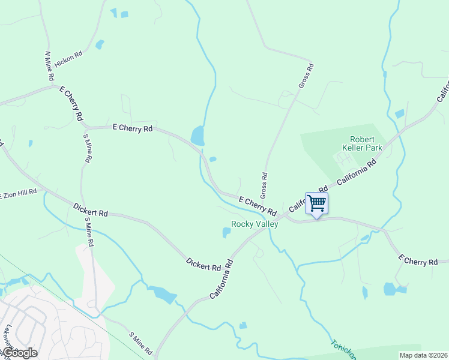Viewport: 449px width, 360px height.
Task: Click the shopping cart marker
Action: [x=316, y=203]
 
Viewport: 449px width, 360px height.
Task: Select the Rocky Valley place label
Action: [x=255, y=224]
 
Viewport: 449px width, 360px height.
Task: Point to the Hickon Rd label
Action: [x=68, y=59]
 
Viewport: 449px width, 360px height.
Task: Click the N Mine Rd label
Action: [x=49, y=66]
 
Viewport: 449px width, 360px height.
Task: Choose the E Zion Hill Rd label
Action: [x=19, y=194]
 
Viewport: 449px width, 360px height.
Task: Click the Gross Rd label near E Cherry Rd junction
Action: [x=263, y=185]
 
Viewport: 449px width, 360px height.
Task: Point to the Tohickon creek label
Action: [x=343, y=350]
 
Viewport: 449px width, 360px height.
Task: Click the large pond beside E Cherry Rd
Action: [x=197, y=136]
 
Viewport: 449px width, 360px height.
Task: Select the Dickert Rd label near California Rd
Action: [x=203, y=263]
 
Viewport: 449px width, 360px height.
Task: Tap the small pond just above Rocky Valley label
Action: [x=226, y=232]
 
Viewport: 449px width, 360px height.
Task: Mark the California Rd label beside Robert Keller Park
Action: [x=356, y=173]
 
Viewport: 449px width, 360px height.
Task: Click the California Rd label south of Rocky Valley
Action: [x=221, y=280]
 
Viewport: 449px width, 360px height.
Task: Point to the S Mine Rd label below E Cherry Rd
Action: [x=88, y=148]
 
